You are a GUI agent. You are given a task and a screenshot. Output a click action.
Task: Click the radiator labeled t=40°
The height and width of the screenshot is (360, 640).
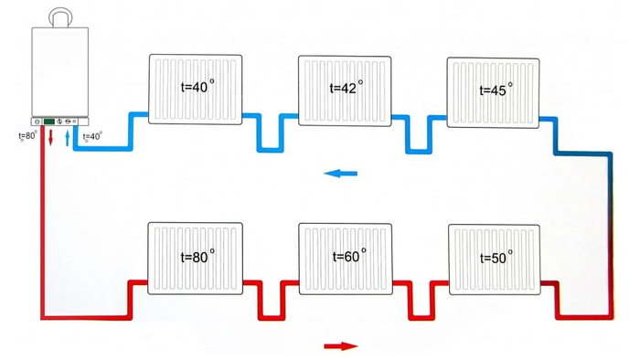click(x=195, y=89)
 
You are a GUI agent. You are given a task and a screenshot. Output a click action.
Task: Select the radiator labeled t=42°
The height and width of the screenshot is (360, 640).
click(x=345, y=90)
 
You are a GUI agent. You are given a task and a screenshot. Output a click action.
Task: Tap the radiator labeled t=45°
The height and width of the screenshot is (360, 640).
click(x=493, y=92)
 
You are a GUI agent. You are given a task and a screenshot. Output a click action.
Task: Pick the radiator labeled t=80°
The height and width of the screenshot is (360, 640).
click(x=195, y=258)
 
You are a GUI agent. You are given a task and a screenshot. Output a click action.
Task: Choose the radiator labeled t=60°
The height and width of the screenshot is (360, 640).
click(x=346, y=259)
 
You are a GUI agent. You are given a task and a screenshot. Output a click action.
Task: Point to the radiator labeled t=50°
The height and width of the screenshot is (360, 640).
click(x=495, y=259)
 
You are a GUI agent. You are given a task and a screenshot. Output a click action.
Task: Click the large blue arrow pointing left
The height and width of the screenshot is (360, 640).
click(x=340, y=174)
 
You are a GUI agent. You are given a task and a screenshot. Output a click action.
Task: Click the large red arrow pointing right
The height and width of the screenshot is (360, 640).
click(x=341, y=346)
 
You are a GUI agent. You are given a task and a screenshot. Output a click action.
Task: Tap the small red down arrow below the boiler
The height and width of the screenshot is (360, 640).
click(x=51, y=138)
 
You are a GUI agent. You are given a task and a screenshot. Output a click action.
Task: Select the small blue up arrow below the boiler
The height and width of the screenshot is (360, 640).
click(x=68, y=138)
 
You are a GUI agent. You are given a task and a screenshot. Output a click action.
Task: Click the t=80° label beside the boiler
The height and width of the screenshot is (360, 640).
click(x=27, y=136)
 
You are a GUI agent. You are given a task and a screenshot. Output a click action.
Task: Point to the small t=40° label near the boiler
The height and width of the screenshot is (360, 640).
click(x=92, y=136)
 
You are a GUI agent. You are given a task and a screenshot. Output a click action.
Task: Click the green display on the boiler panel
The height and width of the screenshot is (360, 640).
click(x=49, y=122)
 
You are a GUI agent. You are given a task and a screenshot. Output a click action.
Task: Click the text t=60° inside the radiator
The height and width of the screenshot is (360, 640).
click(x=349, y=256)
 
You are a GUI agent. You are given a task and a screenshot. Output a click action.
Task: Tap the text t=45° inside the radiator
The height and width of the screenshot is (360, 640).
click(x=496, y=90)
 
